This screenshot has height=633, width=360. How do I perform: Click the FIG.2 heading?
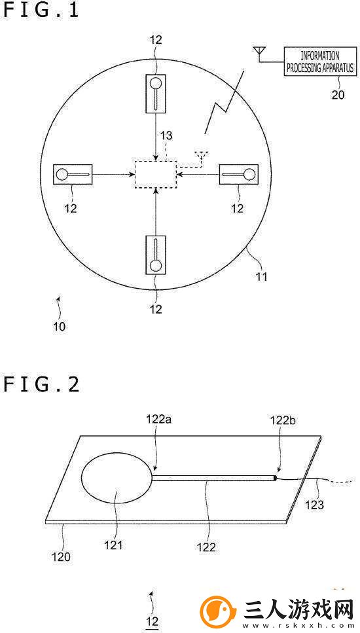tap(41, 384)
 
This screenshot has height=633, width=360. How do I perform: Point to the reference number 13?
tap(166, 136)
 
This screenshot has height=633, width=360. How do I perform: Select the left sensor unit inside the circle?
tap(73, 175)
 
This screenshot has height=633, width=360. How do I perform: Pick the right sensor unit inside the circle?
tap(238, 175)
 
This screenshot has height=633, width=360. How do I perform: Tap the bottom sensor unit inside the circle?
tap(155, 255)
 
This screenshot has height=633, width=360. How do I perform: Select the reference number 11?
tap(261, 278)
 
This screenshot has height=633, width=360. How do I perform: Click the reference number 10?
tap(59, 326)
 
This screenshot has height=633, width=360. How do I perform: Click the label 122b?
tap(283, 420)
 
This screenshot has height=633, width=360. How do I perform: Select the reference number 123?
tap(314, 504)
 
